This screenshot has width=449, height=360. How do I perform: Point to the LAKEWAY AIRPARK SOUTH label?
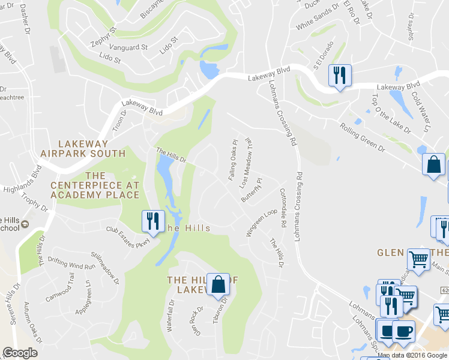pos(83,148)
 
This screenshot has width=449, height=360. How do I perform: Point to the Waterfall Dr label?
pos(170,316)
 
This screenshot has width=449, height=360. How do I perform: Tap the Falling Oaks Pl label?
pos(233,160)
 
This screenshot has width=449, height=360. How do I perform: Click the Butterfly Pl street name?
pos(252,190)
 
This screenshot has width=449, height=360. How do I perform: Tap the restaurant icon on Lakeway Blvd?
pos(340,76)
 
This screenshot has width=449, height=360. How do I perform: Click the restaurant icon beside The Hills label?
pos(152,221)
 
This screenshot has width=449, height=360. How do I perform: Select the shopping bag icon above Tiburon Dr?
pos(218,284)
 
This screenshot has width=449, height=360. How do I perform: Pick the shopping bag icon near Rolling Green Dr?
pos(433,164)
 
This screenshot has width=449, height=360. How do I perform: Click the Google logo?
pos(20,353)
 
